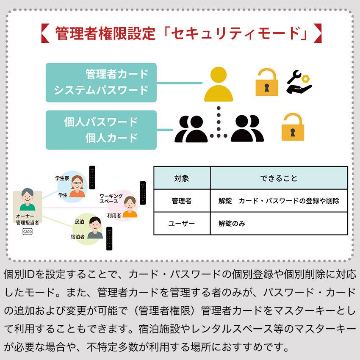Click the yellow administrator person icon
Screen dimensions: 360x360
click(219, 84)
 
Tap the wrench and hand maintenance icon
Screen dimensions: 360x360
click(299, 82)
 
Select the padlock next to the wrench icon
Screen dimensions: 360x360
click(267, 82)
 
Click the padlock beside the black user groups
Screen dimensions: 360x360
click(293, 127)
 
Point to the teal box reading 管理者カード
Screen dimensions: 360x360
click(101, 83)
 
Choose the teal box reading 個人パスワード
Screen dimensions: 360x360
click(101, 130)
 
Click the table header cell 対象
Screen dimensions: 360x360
click(182, 178)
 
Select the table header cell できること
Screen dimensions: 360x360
click(279, 178)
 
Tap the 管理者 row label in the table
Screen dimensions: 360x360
click(182, 201)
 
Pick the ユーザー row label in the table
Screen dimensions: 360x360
click(182, 223)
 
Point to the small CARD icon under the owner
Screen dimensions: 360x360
click(28, 231)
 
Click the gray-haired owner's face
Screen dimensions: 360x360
click(28, 195)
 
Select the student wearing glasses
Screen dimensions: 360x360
click(77, 186)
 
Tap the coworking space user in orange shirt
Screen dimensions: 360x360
click(130, 207)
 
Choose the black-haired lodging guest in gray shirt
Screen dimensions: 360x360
click(95, 227)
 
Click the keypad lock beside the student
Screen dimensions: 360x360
click(92, 177)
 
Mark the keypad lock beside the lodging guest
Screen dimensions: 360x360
click(109, 238)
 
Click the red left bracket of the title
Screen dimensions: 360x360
click(45, 33)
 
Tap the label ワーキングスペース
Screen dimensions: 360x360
click(111, 199)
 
